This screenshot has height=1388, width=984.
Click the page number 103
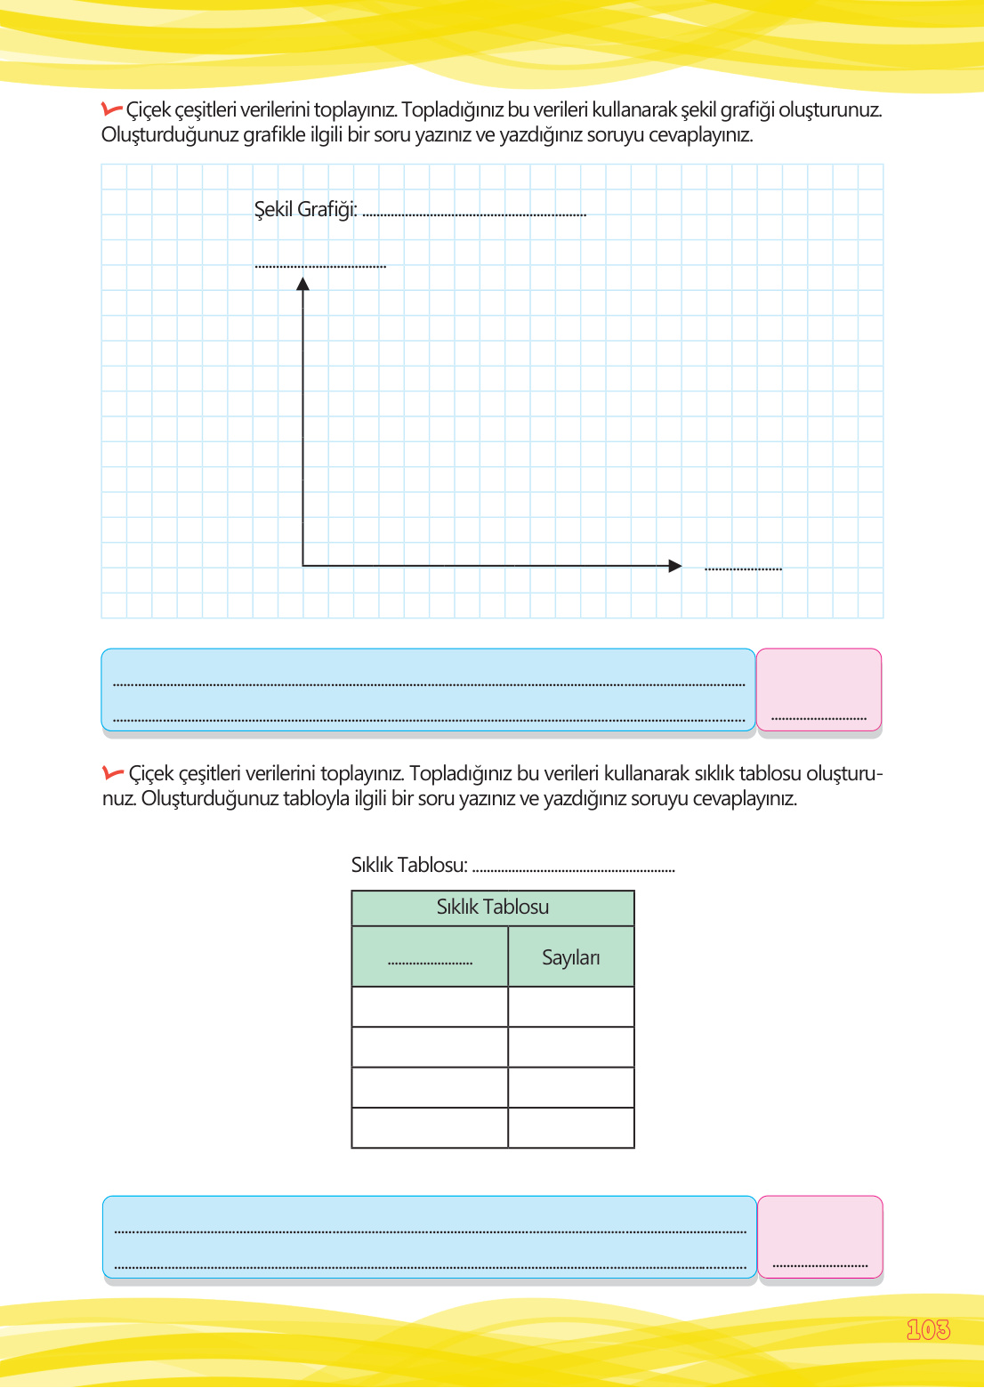point(928,1329)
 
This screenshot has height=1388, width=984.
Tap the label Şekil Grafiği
point(305,209)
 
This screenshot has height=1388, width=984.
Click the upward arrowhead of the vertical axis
point(303,284)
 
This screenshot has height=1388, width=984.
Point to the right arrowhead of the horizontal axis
point(675,566)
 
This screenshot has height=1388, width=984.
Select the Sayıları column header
point(571,957)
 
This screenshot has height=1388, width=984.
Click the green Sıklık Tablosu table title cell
point(493,908)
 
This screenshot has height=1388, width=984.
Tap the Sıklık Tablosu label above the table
point(409,865)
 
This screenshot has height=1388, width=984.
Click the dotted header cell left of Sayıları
point(430,958)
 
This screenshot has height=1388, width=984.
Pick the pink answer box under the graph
point(819,690)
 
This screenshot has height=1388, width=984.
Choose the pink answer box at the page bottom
point(819,1238)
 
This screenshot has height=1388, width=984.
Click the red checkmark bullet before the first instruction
point(112,109)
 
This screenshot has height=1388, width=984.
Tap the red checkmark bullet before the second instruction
point(113,772)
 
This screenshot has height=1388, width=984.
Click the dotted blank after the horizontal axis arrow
point(743,568)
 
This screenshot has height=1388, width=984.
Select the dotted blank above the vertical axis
point(320,265)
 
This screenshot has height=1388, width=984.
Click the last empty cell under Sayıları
point(571,1127)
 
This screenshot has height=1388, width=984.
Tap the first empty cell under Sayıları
point(571,1007)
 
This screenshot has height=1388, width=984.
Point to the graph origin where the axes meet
point(303,565)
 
